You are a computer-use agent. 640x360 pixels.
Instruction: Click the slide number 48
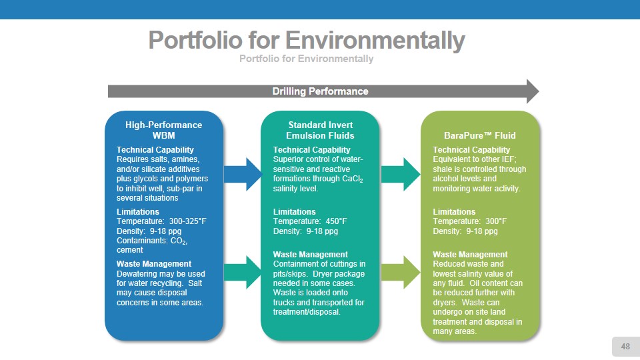point(625,346)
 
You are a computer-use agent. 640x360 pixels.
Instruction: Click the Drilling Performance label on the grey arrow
point(320,91)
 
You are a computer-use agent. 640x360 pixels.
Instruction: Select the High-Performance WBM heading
point(163,130)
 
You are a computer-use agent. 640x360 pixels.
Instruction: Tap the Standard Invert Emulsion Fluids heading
point(321,130)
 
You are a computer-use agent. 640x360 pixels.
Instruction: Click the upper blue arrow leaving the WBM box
point(242,173)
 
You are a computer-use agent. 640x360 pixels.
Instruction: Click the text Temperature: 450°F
point(310,221)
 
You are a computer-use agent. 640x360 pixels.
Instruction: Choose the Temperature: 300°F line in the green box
point(469,221)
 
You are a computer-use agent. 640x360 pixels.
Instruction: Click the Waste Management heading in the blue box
point(153,264)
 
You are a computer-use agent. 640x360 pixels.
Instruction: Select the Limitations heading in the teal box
point(295,212)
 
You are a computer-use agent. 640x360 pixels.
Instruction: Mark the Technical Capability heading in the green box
point(471,149)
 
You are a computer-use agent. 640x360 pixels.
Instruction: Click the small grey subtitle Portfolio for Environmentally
point(306,59)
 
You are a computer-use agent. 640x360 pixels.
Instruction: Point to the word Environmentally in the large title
point(375,41)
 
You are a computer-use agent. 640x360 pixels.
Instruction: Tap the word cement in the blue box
point(129,250)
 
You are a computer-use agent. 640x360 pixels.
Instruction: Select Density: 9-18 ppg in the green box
point(465,231)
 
